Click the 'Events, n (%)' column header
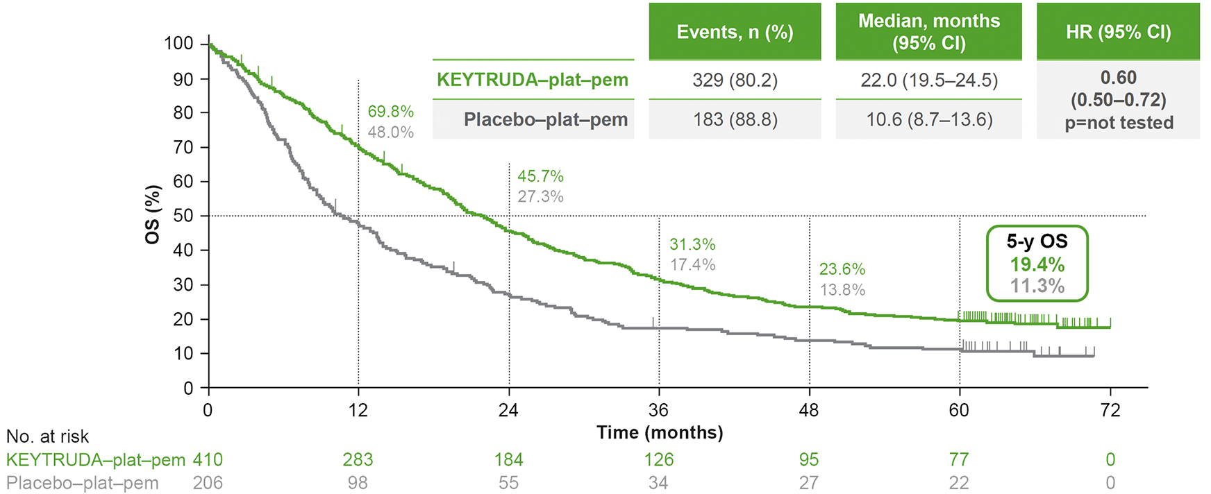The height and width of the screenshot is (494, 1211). coord(735,32)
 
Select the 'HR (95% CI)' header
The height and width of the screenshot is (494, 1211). coord(1118,32)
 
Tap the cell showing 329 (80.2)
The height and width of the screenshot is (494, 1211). coord(735,80)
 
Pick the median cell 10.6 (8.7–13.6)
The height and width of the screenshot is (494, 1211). coord(929,120)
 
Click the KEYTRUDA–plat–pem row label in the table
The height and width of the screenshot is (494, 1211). coord(533,80)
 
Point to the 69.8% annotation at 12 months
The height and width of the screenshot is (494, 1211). coord(390,112)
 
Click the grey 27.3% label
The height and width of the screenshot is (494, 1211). coord(540,196)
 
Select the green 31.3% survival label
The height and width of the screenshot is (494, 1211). coord(692,244)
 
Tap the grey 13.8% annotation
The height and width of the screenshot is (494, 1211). coord(842,290)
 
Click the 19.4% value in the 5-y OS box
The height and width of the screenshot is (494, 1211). coord(1037,264)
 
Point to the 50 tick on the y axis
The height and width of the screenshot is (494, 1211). coord(183,216)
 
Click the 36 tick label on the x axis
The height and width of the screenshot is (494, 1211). coord(658,410)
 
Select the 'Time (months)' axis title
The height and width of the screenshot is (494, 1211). coord(660,433)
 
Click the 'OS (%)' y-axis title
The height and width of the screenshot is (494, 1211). coord(153,214)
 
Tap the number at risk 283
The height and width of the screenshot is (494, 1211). coord(358,459)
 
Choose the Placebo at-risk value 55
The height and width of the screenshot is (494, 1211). coord(508,483)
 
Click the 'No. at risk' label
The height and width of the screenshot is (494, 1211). coord(47,436)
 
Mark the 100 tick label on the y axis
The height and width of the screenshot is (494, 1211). coord(178,44)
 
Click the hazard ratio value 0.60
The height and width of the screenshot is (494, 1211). coord(1118,78)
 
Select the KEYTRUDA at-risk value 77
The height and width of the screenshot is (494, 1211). coord(959,459)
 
